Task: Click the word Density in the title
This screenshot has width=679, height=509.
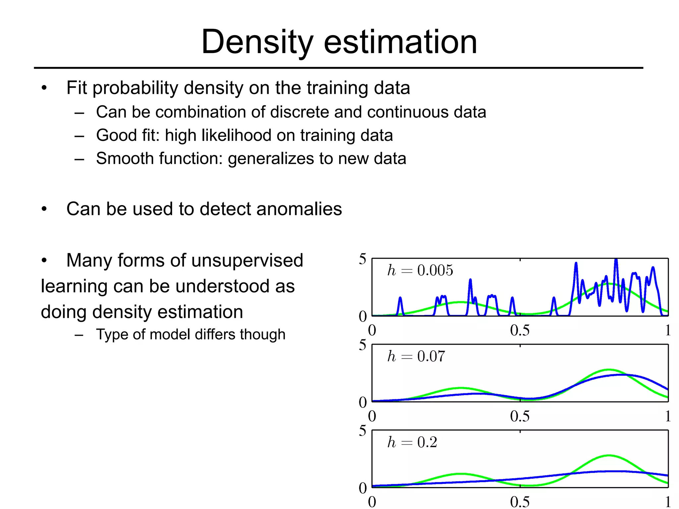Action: pos(257,42)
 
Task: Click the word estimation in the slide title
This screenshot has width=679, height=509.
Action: pos(400,42)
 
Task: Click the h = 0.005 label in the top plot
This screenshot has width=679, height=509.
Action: pos(420,270)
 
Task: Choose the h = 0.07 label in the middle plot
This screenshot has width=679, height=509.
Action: pos(416,357)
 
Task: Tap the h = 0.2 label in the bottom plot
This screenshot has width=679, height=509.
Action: pos(412,442)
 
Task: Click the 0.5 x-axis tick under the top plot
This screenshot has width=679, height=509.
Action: pos(520,330)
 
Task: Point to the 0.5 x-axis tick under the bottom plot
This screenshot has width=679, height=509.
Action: pos(520,502)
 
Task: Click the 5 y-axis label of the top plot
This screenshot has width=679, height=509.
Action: pos(362,259)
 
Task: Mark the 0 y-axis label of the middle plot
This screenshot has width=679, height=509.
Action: pos(363,402)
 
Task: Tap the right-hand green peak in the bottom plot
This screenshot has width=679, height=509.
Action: pos(609,456)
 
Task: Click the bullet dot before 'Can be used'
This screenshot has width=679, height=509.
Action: pos(44,209)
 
